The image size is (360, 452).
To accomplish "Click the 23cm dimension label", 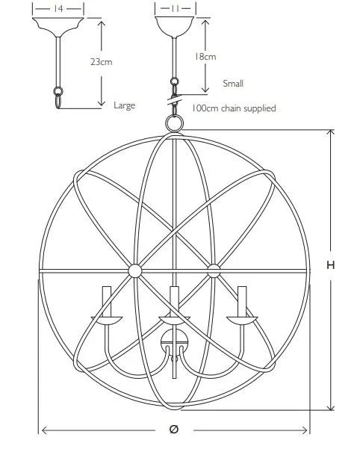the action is (102, 62).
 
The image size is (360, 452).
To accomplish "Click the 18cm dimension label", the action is (205, 57).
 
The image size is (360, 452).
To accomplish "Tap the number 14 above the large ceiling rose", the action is (58, 9).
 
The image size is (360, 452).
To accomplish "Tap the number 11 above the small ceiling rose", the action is (176, 8).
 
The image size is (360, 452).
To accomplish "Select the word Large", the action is (124, 105).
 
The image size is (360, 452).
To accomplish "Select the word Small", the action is (233, 84).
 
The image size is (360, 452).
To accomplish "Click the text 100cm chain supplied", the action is (234, 108).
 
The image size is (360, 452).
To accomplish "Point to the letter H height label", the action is (331, 265).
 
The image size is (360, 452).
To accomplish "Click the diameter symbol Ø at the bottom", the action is (174, 429).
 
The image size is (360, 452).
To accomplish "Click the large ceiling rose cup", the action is (58, 26).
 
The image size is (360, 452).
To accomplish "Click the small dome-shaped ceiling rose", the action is (174, 26).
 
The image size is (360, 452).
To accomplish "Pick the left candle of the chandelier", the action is (106, 302).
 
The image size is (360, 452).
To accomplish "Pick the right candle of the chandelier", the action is (242, 302).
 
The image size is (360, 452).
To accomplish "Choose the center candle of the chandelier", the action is (174, 302).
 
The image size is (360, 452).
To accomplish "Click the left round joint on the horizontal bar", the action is (135, 271).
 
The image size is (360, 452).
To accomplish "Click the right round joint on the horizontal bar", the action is (214, 271).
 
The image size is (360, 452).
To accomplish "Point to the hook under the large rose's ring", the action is (58, 102).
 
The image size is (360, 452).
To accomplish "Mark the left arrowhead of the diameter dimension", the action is (45, 430).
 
